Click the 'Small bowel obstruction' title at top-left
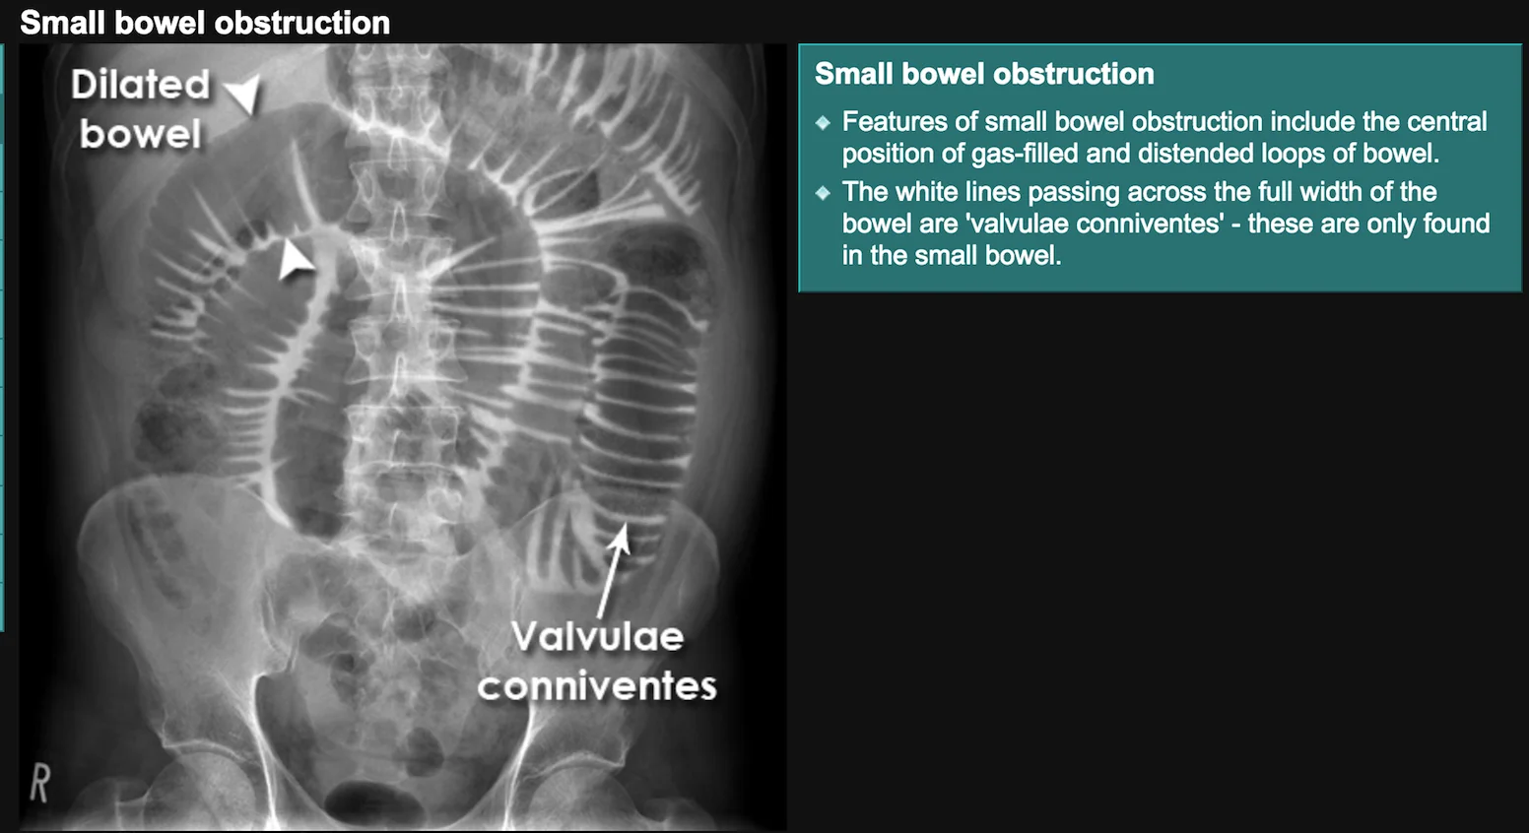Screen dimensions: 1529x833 click(205, 23)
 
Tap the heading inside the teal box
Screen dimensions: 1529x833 click(984, 74)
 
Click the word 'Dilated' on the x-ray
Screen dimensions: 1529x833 click(141, 85)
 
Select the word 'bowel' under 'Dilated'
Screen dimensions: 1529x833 click(141, 133)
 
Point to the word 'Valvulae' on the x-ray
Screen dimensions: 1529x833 click(597, 637)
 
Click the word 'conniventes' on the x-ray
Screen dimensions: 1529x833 click(597, 685)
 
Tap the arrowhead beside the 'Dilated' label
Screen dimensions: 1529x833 click(244, 94)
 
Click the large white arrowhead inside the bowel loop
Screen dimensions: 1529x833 click(295, 259)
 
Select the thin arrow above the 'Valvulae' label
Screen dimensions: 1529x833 click(614, 571)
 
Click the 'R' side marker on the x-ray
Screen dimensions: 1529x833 click(40, 783)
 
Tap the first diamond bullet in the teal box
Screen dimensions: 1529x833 click(824, 123)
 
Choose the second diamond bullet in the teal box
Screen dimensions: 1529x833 click(824, 193)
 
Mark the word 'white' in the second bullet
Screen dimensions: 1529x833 click(925, 192)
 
